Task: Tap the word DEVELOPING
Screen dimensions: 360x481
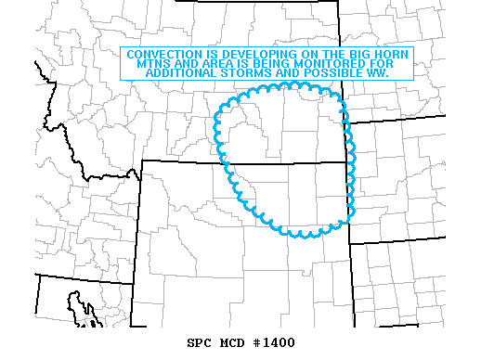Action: (252, 55)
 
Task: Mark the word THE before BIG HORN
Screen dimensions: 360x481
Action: (330, 55)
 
